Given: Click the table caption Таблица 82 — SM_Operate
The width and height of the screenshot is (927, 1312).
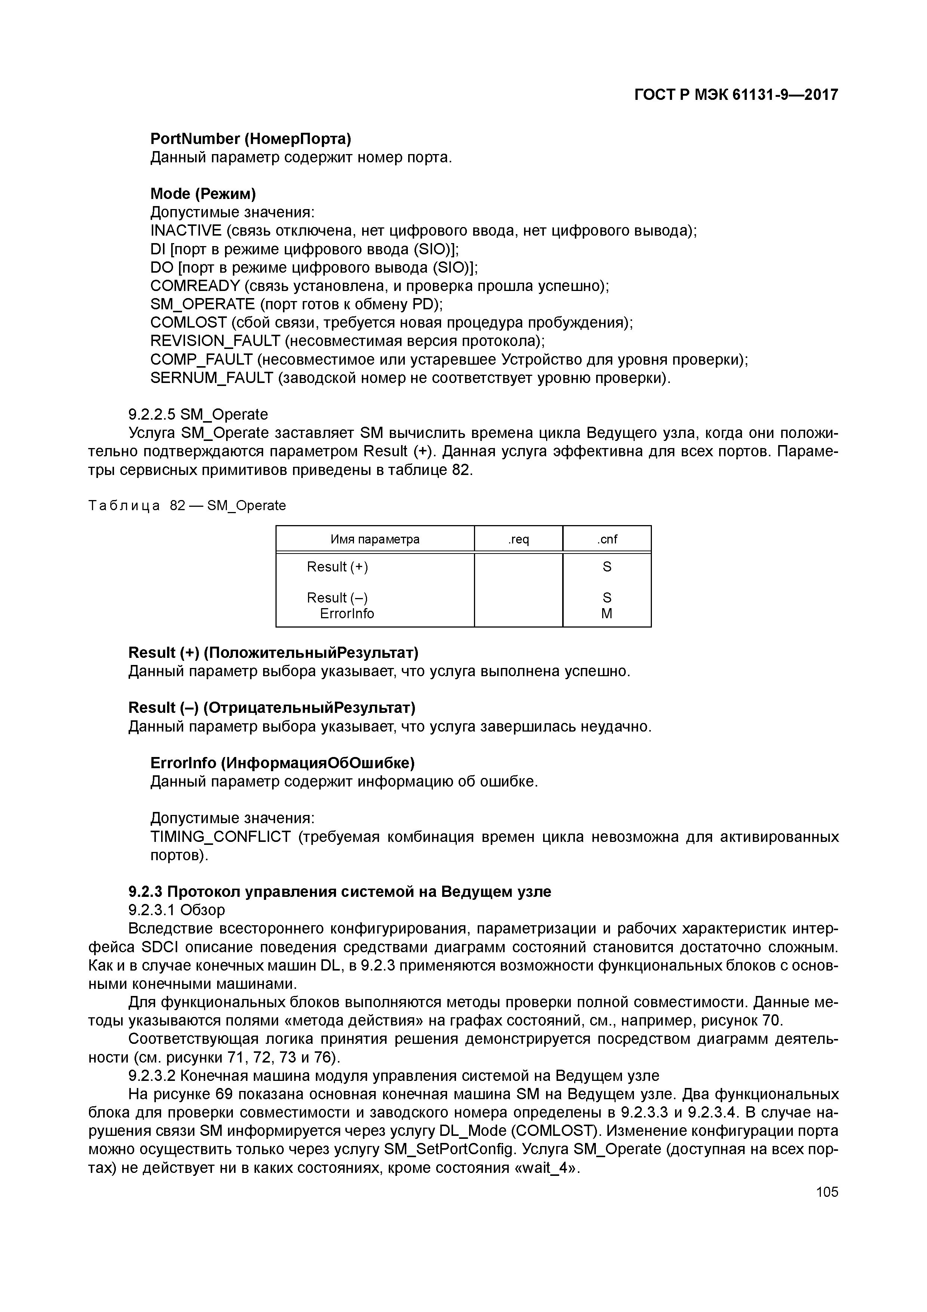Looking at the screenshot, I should (x=187, y=506).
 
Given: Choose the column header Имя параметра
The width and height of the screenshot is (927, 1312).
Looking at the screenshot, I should (x=375, y=539).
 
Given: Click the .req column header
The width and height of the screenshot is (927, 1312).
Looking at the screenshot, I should (x=518, y=539).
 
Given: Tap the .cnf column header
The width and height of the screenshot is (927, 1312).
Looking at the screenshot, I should (x=607, y=539).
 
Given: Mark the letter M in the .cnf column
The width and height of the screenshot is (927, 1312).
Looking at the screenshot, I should (x=607, y=614).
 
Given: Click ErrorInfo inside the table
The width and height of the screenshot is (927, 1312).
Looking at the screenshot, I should (x=347, y=614).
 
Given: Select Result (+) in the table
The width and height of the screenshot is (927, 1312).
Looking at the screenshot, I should (x=337, y=567).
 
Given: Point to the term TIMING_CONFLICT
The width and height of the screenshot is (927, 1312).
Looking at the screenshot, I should (x=221, y=837).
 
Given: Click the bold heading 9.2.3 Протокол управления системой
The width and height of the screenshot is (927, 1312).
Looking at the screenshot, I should (x=340, y=892).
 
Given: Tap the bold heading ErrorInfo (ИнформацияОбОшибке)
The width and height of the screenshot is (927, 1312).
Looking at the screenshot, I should (x=282, y=763).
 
